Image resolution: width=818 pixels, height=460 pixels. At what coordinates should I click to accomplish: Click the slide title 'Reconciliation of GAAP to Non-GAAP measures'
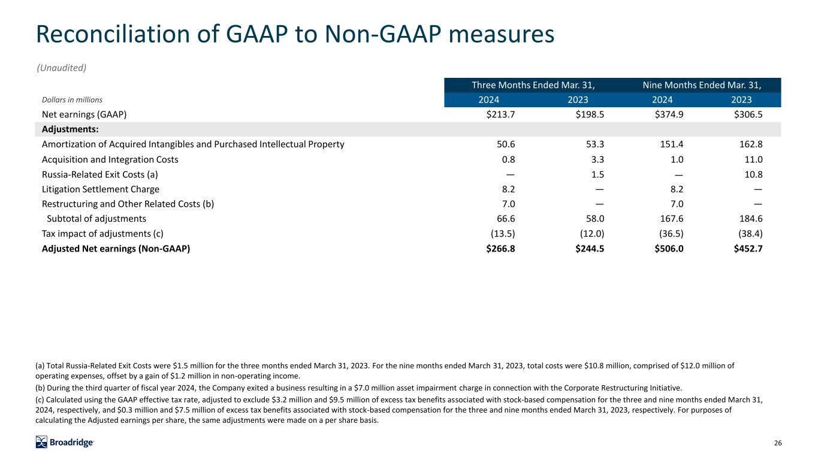295,35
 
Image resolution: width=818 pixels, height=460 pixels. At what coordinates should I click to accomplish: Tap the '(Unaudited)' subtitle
62,68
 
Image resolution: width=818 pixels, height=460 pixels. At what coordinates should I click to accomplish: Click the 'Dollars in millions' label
72,100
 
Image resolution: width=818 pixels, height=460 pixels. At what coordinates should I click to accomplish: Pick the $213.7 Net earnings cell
500,114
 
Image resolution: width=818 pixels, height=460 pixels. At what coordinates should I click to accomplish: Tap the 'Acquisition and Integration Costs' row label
110,159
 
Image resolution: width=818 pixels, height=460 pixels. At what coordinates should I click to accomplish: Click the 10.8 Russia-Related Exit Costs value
753,174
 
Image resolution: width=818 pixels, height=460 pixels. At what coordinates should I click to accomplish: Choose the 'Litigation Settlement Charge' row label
101,189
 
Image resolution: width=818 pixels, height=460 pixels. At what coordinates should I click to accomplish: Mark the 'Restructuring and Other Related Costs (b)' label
128,204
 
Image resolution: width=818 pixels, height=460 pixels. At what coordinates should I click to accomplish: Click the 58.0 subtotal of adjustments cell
594,219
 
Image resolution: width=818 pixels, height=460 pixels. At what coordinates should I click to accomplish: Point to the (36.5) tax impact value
670,234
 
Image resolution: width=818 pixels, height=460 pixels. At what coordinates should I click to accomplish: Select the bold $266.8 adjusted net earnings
500,249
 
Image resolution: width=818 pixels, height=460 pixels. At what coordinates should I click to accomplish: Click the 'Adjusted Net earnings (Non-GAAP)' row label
116,249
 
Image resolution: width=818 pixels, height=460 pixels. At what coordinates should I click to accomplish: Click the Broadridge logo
65,443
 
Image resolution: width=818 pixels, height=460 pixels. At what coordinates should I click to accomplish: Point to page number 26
778,443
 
